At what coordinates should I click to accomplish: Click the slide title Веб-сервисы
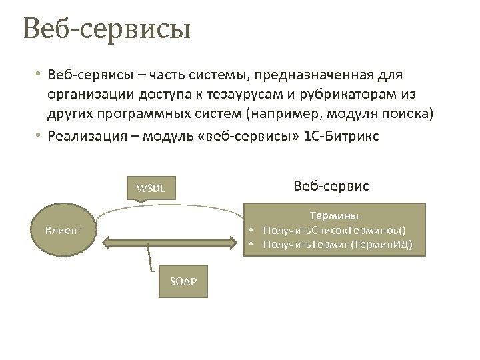pos(107,30)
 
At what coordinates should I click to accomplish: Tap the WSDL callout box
pos(151,188)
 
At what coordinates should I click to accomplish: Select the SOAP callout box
pos(184,281)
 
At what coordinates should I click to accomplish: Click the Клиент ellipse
pos(63,231)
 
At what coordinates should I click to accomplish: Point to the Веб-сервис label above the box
pos(331,186)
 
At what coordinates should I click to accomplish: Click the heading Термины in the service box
pos(334,216)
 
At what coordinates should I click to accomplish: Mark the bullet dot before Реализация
pos(39,135)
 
